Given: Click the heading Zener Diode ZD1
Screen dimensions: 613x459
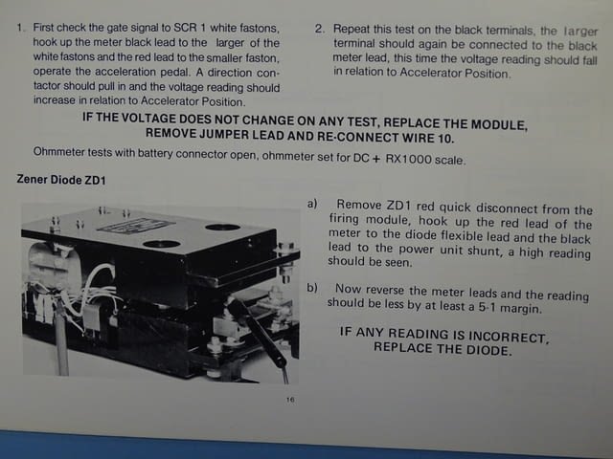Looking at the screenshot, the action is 61,180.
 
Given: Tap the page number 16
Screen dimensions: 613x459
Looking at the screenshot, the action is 290,400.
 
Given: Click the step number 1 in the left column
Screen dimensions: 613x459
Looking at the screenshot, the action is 20,28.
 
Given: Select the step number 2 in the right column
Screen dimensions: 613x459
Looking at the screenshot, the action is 320,29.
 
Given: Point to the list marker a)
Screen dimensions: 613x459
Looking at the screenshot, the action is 312,204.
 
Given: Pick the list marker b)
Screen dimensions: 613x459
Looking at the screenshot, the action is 312,288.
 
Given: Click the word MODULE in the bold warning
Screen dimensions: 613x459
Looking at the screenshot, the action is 499,124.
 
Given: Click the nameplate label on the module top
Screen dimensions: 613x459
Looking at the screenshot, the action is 136,227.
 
